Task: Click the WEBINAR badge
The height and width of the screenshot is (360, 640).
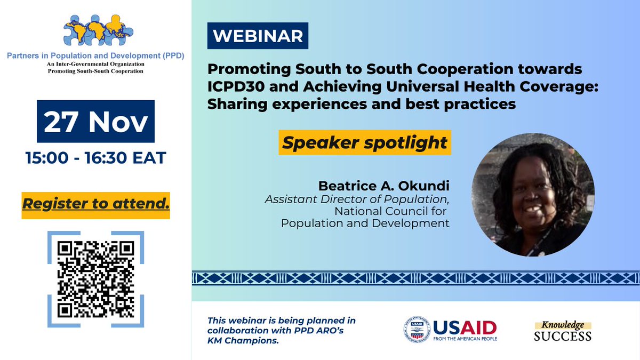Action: click(258, 36)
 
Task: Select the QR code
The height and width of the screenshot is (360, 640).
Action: click(95, 279)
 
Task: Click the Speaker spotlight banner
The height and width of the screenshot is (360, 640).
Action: click(365, 143)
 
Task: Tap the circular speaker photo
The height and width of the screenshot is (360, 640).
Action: click(533, 195)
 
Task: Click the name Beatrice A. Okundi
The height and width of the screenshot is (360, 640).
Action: click(383, 186)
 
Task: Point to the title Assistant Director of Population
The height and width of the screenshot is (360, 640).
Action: click(357, 199)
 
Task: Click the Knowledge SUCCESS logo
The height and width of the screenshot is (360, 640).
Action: click(563, 331)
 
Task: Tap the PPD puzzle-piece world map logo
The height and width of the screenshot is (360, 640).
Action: click(96, 30)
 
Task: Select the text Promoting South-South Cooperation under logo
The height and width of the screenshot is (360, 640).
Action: click(96, 71)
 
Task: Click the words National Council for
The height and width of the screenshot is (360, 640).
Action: click(392, 211)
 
